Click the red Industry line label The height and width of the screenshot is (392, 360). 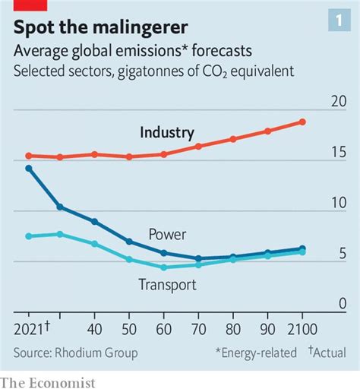point(167,133)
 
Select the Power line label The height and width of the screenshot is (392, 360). point(167,235)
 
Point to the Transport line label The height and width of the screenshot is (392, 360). point(167,285)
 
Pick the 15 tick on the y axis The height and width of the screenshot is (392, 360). point(338,153)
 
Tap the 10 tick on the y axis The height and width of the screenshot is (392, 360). point(338,203)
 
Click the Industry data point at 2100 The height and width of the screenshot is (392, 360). point(302,122)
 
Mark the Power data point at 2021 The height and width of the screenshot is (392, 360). point(29,168)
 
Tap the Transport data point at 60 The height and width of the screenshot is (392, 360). point(163,267)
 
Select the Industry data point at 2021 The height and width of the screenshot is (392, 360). point(29,156)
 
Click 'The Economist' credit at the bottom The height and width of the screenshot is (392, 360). point(49,382)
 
